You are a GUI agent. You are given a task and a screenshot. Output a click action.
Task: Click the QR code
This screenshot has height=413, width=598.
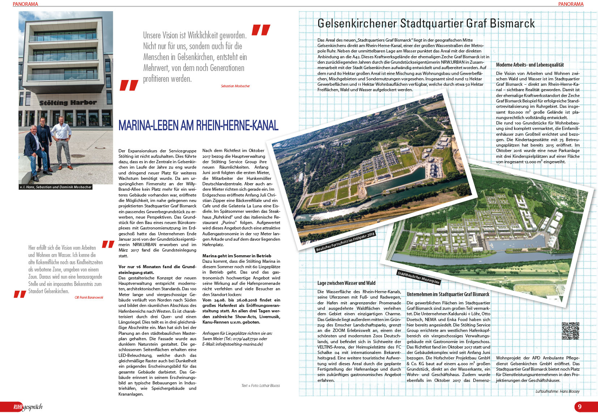[571, 330]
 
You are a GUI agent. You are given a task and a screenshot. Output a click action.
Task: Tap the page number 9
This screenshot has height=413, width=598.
[580, 406]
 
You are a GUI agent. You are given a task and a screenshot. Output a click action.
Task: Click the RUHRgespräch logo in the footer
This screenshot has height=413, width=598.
[28, 407]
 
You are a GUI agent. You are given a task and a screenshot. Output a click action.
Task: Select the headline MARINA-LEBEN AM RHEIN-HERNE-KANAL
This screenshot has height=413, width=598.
[198, 126]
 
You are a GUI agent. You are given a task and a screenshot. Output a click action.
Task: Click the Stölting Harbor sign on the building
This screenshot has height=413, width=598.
[68, 103]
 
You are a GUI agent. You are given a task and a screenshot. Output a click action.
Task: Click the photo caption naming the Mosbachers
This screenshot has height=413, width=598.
[56, 187]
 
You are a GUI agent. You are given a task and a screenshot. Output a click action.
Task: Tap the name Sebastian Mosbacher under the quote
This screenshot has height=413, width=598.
[235, 86]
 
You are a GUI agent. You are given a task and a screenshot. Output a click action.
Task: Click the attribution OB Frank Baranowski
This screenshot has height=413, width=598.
[89, 298]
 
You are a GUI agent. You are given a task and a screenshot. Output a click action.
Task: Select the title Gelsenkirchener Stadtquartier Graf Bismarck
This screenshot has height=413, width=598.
[426, 24]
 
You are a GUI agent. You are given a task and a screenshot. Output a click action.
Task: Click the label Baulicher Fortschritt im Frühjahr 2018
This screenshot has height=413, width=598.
[345, 242]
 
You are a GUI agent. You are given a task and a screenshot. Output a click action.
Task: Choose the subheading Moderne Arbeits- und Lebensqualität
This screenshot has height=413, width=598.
[530, 65]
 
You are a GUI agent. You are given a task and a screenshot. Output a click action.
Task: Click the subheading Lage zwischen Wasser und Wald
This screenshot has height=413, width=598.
[346, 283]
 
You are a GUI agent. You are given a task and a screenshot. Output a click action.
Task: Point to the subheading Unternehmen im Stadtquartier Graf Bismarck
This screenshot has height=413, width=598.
[448, 294]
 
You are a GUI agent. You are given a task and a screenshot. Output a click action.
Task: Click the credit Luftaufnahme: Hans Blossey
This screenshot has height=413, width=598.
[557, 391]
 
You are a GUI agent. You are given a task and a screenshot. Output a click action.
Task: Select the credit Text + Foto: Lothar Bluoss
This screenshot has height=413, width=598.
[261, 385]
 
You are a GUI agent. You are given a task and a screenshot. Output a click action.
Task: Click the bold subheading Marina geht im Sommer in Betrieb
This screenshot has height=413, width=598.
[237, 256]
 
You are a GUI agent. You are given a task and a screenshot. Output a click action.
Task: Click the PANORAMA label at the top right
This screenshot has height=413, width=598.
[571, 4]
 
